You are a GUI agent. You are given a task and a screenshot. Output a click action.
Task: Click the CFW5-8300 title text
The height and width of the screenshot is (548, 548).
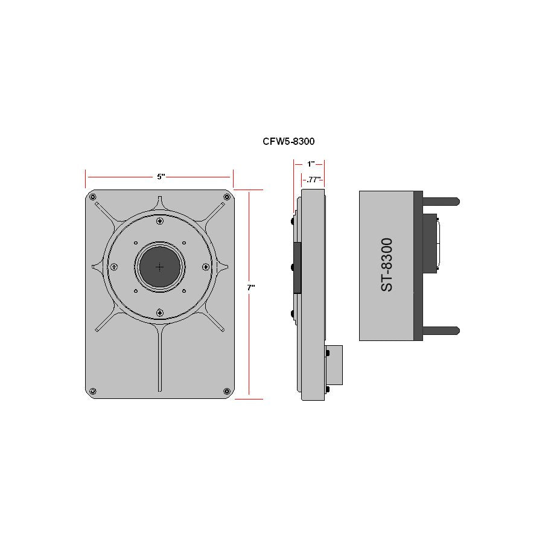coord(288,141)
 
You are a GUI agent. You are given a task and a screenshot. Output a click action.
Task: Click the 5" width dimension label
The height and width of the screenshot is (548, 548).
coord(161,177)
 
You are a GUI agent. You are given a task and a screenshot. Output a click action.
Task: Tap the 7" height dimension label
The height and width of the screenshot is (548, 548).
coord(250,288)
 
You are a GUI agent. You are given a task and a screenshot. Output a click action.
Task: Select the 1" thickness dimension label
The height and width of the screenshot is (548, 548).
coord(310,164)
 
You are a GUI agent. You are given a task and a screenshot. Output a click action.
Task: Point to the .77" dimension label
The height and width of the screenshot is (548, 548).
coord(312,179)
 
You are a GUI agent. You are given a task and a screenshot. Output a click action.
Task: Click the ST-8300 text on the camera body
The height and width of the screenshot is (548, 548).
coord(387,265)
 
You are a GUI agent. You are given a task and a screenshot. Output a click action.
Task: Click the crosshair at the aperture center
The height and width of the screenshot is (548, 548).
coord(159,267)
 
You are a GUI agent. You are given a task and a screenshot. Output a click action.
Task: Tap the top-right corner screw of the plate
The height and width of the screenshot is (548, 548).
coord(227,199)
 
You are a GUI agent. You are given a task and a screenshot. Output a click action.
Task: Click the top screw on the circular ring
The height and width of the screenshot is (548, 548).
coord(159,221)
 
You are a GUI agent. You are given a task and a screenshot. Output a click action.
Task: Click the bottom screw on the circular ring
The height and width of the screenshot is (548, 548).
coord(159,312)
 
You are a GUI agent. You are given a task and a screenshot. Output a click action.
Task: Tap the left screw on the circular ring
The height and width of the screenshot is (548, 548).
coord(113,267)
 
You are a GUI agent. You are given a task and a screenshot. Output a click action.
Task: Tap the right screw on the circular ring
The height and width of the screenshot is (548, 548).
coord(205,267)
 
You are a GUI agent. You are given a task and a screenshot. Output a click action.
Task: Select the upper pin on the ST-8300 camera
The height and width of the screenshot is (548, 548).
coord(441,200)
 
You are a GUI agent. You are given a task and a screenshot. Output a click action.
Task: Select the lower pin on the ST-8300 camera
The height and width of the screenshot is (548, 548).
coord(441,330)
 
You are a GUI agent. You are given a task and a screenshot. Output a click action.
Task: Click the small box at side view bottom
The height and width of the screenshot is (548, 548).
coord(334,365)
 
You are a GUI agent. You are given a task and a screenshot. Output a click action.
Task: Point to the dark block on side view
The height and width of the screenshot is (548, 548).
coord(297,267)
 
